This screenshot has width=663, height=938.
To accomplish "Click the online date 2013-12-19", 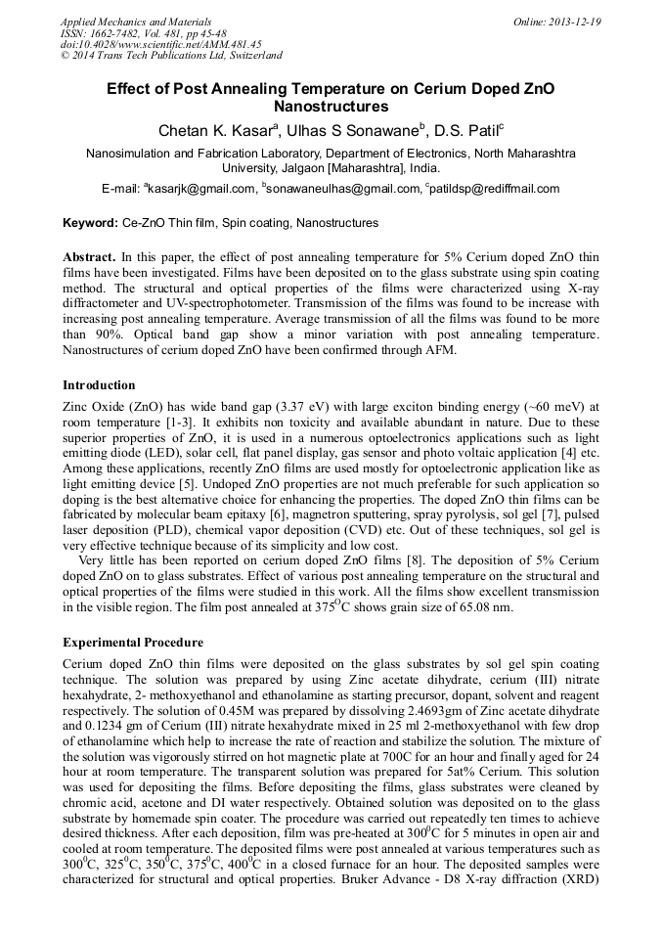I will (x=570, y=21).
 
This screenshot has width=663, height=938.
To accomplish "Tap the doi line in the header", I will (x=160, y=44).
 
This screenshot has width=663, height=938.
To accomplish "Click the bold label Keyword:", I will (x=90, y=223).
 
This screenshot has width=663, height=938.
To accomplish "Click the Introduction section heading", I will (x=99, y=384).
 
